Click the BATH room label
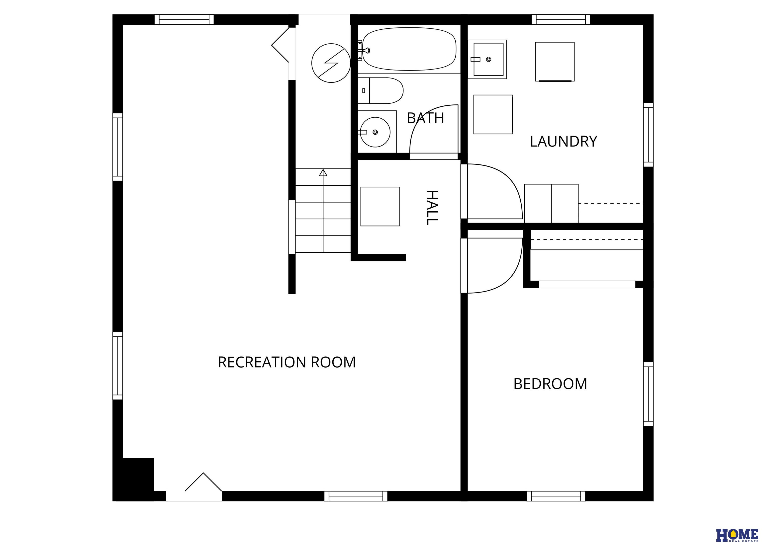(x=425, y=118)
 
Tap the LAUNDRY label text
(x=564, y=142)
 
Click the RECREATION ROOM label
(x=287, y=362)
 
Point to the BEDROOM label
(x=550, y=384)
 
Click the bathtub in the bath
(x=409, y=49)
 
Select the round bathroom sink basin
(x=375, y=132)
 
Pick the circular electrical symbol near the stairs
(x=331, y=63)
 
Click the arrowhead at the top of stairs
(x=323, y=172)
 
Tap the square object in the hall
(x=380, y=207)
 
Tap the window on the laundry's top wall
(x=561, y=19)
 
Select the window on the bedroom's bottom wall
(x=556, y=496)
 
